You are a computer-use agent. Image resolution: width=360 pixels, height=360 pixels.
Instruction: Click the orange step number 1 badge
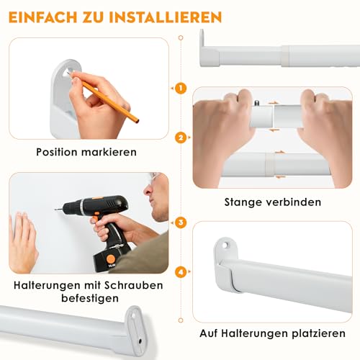(180, 89)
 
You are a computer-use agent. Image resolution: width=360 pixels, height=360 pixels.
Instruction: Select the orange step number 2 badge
(180, 137)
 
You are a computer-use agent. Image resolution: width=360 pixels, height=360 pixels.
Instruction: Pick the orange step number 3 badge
(180, 223)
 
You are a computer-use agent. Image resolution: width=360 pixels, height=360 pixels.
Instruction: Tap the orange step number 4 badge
(180, 272)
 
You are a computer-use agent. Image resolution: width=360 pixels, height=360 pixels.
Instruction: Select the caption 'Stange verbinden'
(273, 202)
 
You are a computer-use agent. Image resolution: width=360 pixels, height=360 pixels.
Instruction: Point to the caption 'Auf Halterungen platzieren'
(273, 333)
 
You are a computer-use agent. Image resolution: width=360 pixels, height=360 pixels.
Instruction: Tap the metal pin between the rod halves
(256, 106)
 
